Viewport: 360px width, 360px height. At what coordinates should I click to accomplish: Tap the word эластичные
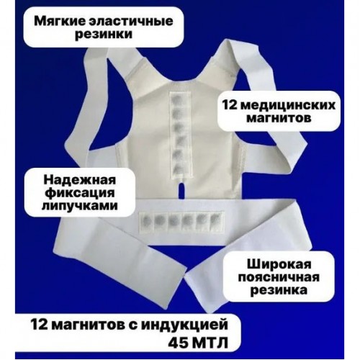[x=127, y=21]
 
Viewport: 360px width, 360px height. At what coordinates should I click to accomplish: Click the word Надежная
[x=80, y=180]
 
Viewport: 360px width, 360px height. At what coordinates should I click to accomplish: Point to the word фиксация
[x=81, y=193]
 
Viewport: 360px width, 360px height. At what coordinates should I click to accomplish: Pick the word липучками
[x=80, y=206]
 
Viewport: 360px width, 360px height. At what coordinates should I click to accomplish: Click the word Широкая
[x=279, y=264]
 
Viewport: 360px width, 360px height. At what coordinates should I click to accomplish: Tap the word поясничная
[x=279, y=277]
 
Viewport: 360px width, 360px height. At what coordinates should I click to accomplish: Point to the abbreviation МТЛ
[x=210, y=344]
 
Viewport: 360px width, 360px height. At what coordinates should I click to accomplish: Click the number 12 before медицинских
[x=230, y=105]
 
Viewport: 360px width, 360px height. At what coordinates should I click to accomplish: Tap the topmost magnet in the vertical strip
[x=179, y=98]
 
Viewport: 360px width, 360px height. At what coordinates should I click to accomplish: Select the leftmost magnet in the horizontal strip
[x=146, y=220]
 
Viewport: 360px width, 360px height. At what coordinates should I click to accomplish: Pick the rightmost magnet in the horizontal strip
[x=215, y=219]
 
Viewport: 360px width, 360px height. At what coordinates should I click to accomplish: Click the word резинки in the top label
[x=104, y=34]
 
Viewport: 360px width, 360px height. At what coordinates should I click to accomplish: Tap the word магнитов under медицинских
[x=279, y=118]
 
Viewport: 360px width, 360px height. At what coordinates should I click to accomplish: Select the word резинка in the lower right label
[x=279, y=290]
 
